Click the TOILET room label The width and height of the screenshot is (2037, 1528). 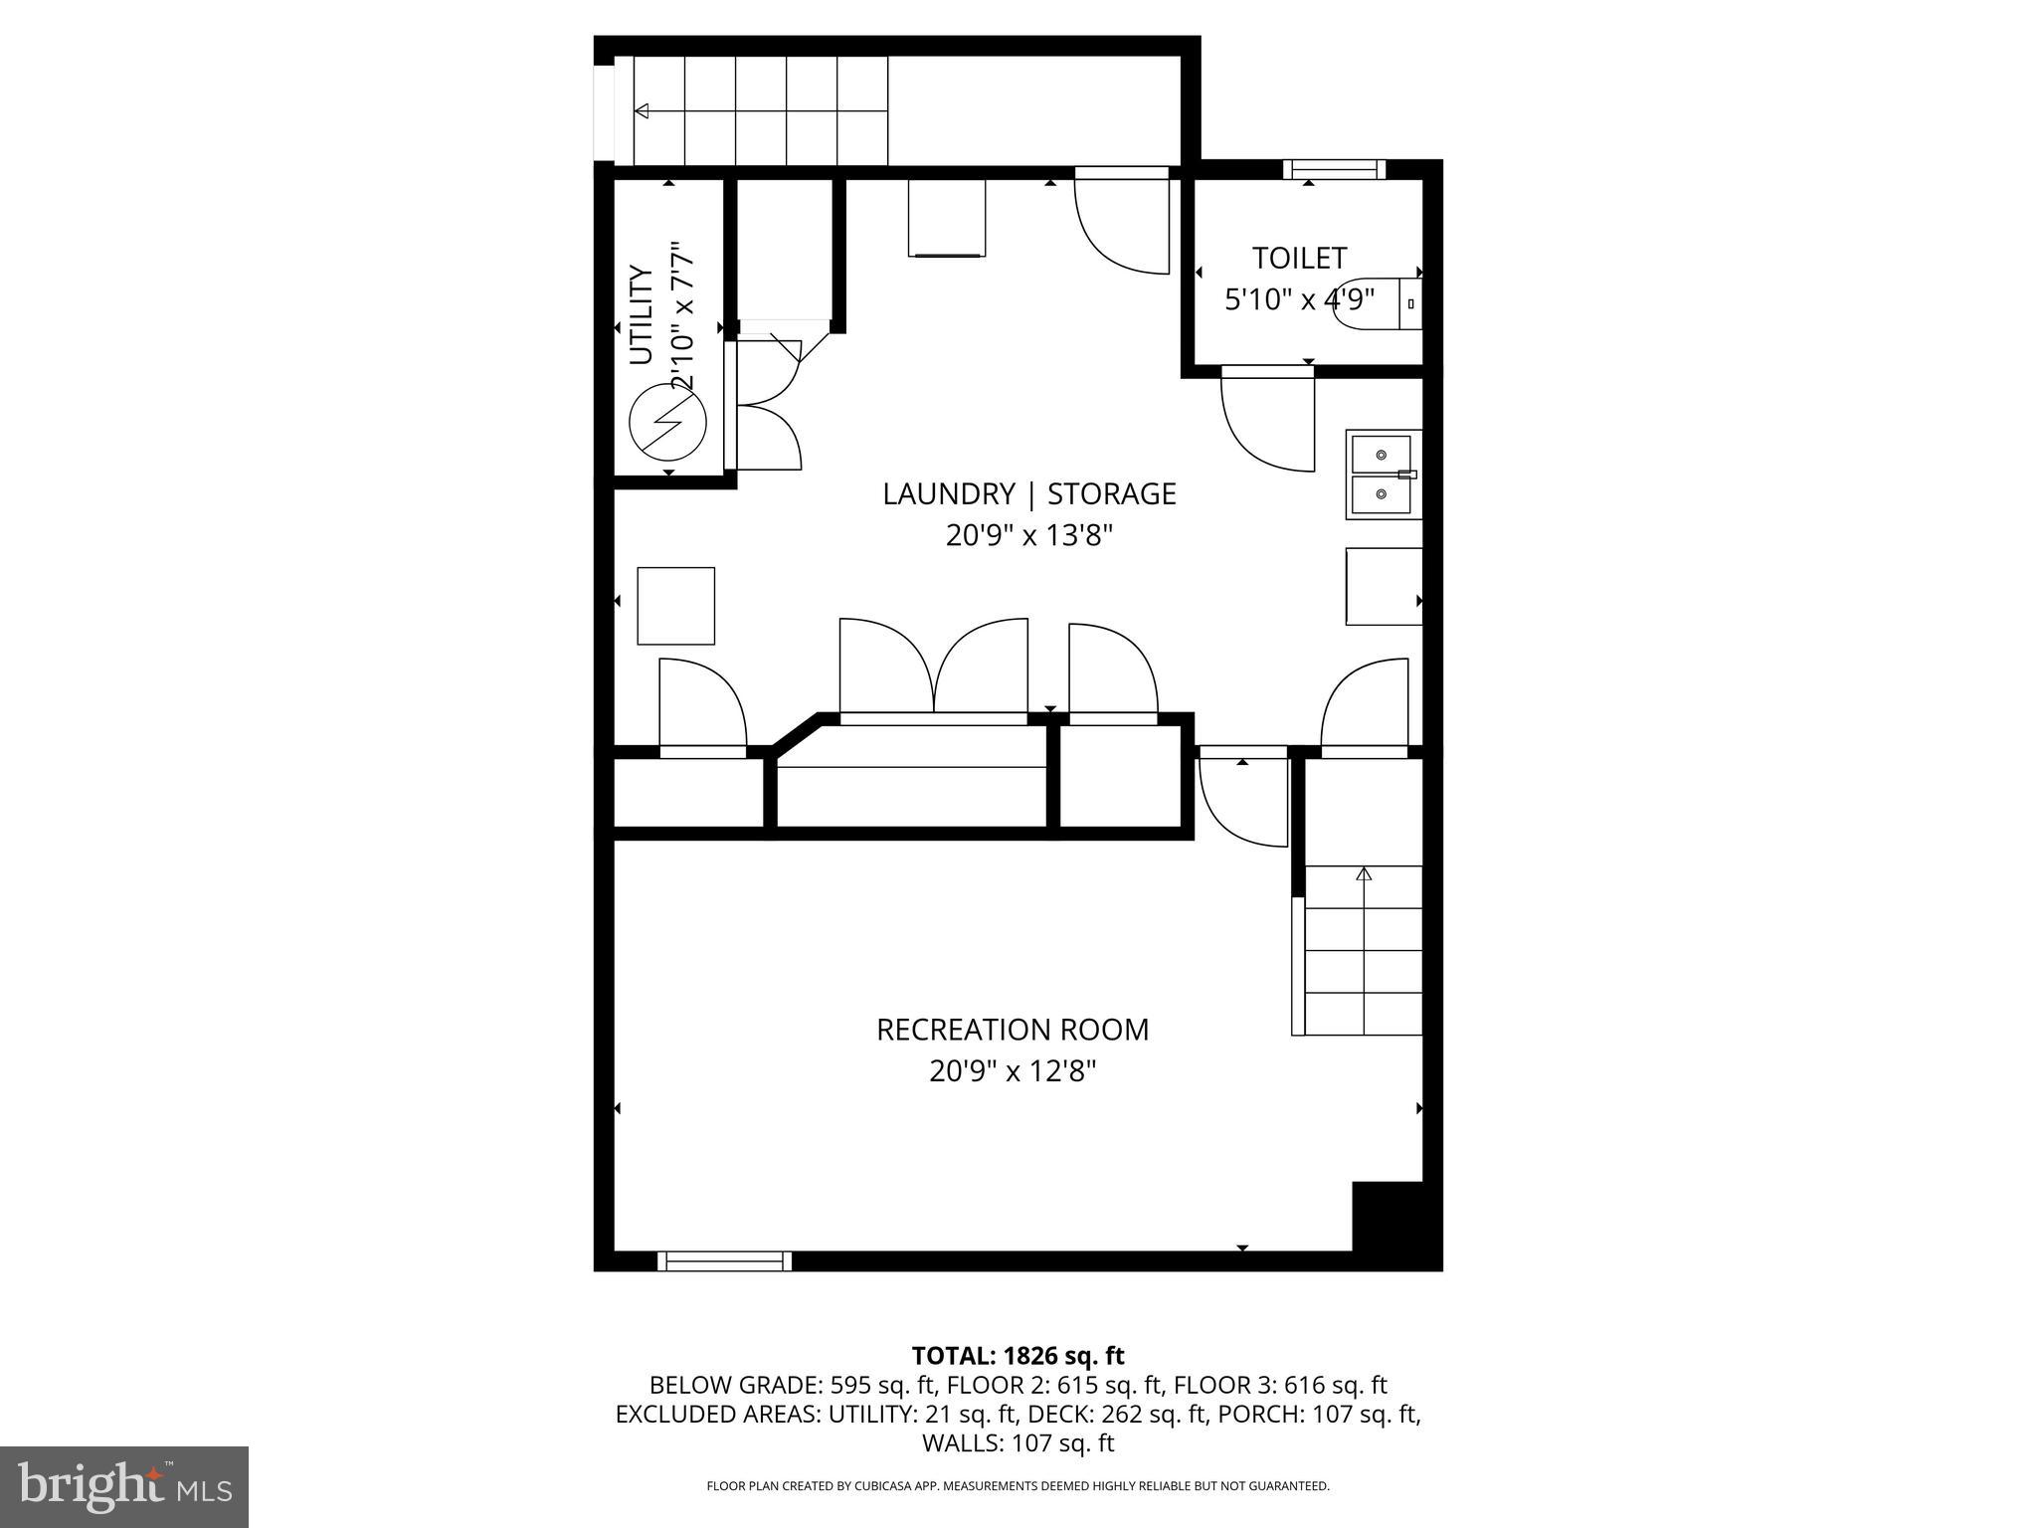click(1298, 259)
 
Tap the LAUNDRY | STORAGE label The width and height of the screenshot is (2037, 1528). click(1028, 494)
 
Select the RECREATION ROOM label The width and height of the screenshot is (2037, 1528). click(1012, 1030)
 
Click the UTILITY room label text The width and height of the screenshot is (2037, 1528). click(642, 314)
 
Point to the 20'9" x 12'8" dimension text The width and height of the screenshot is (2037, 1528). click(1012, 1071)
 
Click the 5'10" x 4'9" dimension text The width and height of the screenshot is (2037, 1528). click(1298, 298)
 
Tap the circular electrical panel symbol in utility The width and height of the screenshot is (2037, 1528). click(668, 422)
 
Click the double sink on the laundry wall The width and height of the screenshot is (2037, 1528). click(1382, 475)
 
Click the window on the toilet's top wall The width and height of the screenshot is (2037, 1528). click(1334, 170)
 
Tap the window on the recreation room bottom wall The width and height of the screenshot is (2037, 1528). click(724, 1261)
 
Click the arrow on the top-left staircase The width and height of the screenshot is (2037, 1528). click(643, 110)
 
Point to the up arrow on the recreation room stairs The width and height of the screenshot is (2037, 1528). click(1364, 873)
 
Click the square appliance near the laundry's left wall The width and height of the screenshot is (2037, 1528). click(675, 606)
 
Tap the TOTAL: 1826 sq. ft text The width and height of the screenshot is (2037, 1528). click(1018, 1356)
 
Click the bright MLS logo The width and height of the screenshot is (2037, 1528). click(124, 1486)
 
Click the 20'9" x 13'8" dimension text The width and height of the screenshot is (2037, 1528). click(1028, 536)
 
